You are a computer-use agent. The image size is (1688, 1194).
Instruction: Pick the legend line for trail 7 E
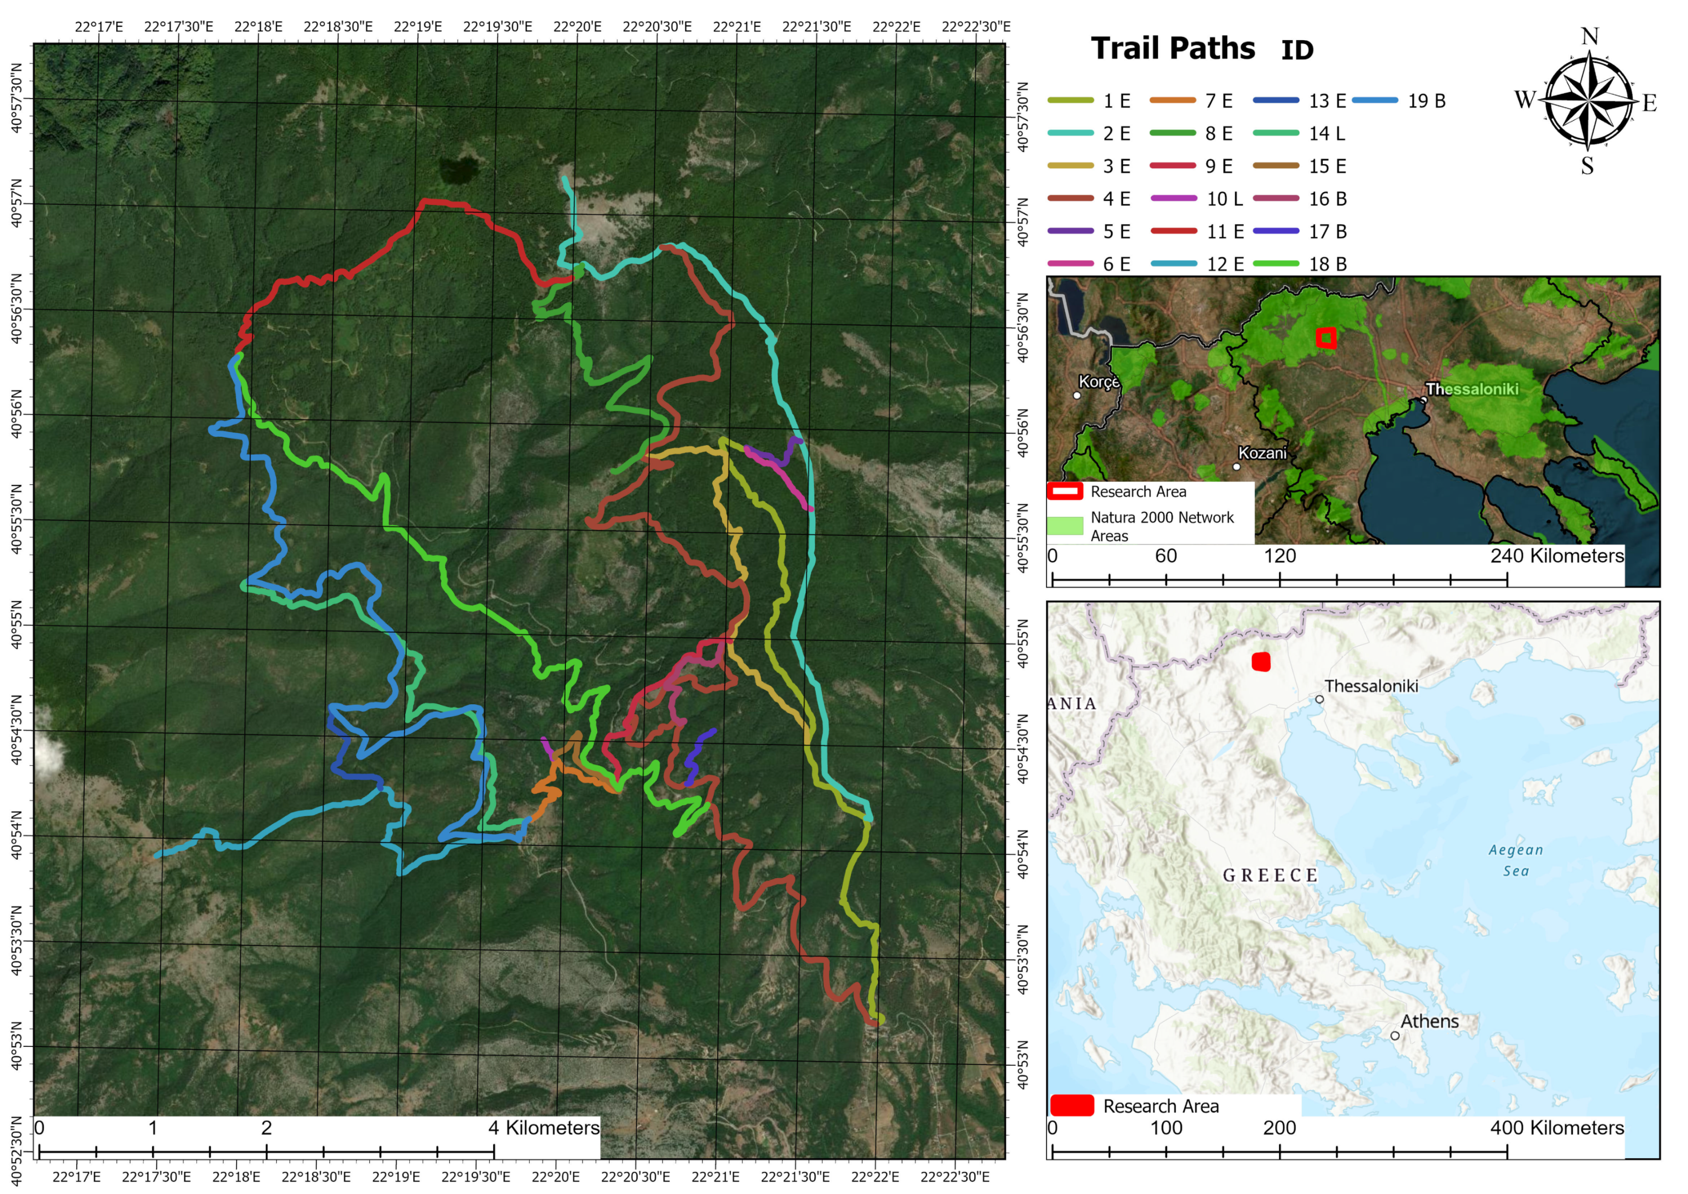[1218, 101]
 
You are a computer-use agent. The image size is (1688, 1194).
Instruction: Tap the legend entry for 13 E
[1327, 101]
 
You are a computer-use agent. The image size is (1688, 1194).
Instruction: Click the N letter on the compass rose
[1589, 36]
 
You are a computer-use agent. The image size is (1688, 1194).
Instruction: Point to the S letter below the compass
[1588, 166]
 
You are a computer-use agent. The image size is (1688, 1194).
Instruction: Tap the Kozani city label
[1262, 453]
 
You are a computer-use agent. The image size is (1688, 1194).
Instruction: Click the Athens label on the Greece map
[1429, 1021]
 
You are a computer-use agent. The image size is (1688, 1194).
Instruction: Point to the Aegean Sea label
[1515, 860]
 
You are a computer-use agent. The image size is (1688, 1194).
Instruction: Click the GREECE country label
[1270, 876]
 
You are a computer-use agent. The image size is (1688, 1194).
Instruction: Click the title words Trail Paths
[1173, 49]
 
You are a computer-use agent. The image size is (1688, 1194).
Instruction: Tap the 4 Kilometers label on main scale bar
[544, 1128]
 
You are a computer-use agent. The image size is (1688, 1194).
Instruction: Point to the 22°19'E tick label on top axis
[418, 26]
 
